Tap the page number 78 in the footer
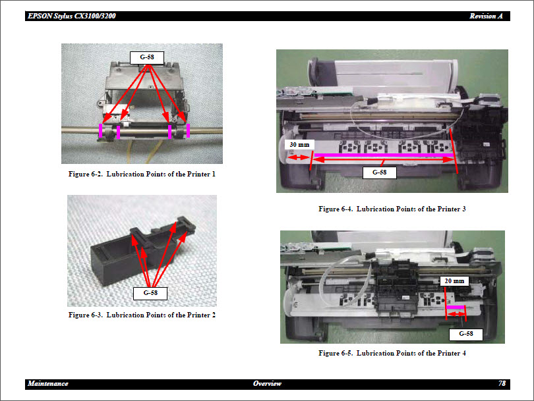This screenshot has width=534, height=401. coord(502,383)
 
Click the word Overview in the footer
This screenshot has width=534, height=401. coord(267,383)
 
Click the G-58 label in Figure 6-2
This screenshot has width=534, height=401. coord(146,57)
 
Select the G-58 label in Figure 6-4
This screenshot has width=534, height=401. coord(379,173)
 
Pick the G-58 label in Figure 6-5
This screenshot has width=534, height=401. coord(465,334)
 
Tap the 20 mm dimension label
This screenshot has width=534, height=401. coord(454,281)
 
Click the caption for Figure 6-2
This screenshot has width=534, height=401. coord(142,174)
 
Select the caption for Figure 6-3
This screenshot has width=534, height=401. coord(142,315)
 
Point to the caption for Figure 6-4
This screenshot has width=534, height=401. coord(392,209)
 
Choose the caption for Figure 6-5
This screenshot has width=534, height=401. coord(392,353)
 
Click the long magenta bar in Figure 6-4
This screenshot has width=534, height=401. coord(382,155)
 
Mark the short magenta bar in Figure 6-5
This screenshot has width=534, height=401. coord(456,307)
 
